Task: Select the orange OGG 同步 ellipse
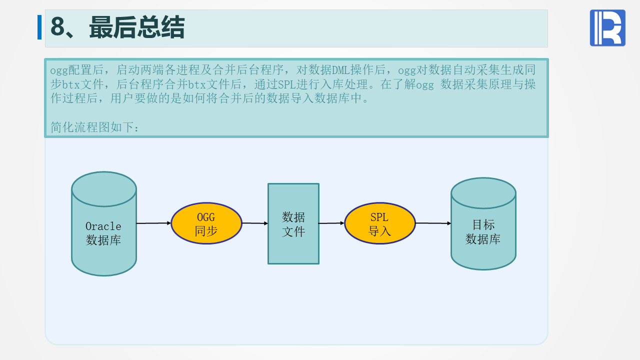(206, 223)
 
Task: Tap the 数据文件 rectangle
(293, 223)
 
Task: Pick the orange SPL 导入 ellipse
(380, 223)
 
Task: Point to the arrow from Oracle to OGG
(153, 223)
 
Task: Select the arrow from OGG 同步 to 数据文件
(255, 223)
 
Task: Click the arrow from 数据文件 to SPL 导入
(331, 223)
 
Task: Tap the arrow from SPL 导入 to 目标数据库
(433, 223)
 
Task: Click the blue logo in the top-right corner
(607, 28)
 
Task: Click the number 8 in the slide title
(58, 27)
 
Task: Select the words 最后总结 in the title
(137, 27)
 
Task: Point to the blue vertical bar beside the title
(39, 27)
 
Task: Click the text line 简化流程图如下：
(95, 127)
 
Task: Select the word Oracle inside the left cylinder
(103, 226)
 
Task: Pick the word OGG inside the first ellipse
(206, 217)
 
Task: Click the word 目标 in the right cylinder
(483, 224)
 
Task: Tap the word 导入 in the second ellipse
(380, 231)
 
